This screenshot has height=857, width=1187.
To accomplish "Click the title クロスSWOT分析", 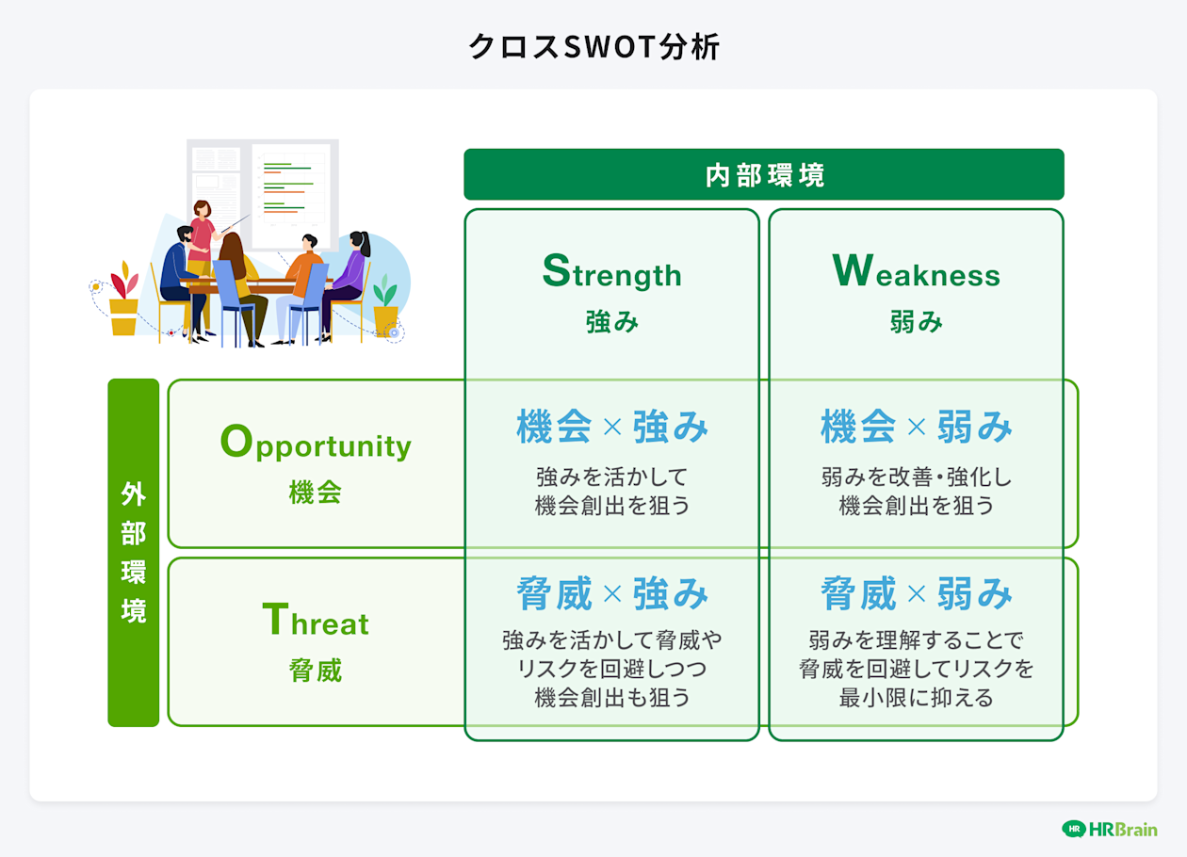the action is point(594,46).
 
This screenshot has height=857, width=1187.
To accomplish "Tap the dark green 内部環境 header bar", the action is point(764,174).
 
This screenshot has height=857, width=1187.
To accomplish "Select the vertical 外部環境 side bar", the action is point(134,553).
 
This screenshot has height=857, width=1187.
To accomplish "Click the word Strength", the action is point(612,271).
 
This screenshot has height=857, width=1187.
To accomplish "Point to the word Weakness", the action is point(917,271).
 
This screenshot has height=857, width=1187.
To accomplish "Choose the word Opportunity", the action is point(316,443).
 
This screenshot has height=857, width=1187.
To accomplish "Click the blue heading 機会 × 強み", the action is point(612,427).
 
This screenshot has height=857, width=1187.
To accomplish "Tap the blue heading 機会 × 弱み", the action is point(917,427).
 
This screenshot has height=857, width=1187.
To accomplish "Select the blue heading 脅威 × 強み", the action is point(612,593).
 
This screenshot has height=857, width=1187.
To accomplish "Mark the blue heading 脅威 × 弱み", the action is point(917,593).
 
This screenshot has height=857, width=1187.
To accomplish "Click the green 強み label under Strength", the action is point(612,321).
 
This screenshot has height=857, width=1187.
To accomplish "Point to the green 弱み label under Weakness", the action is point(917,321).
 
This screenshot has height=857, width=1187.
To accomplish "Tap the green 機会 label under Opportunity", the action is point(316,492).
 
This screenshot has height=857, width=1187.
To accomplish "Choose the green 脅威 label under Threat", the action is point(316,670).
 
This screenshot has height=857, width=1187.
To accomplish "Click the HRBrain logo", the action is point(1110,830).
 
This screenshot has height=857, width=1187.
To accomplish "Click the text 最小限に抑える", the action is point(917,698).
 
